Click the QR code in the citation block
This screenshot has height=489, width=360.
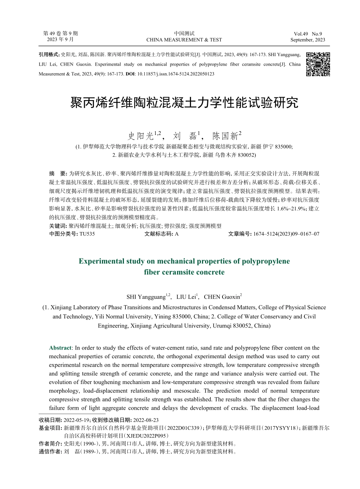click(x=318, y=64)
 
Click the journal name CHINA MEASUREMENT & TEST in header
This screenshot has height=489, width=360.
click(x=184, y=40)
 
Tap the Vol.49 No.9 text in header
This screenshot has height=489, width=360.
click(x=307, y=34)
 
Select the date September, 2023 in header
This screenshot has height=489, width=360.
click(x=307, y=40)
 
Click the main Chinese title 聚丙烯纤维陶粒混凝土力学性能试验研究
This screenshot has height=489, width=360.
click(x=184, y=102)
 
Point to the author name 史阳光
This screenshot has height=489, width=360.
click(x=139, y=136)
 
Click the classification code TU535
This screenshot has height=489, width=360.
click(x=87, y=234)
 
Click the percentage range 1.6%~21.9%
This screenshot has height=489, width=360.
click(x=292, y=208)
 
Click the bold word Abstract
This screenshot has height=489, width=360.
click(x=60, y=348)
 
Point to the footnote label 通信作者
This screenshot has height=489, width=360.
click(x=50, y=451)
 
